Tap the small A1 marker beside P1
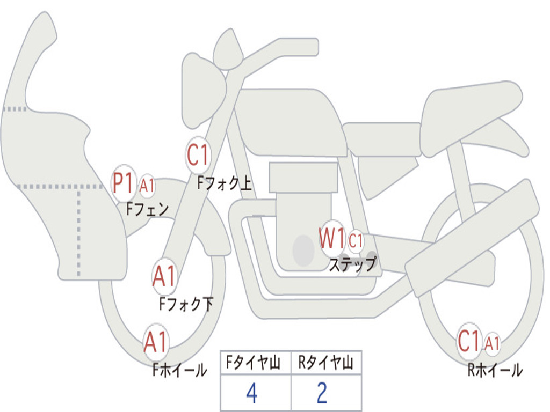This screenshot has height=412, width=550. point(147,186)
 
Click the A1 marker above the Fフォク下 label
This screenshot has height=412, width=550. point(164,277)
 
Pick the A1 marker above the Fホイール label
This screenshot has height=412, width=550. point(156,342)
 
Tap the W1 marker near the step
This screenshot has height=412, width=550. point(332,238)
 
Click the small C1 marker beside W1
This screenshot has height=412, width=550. point(356,241)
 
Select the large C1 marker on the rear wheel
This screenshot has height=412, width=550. point(469,341)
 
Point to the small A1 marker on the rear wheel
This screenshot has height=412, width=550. point(492,343)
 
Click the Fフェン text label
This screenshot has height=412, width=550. point(147,209)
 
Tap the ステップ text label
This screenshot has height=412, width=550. point(352,264)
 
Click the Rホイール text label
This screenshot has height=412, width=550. point(495,370)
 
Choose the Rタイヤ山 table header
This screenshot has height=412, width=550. point(325,364)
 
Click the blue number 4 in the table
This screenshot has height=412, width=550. point(251,393)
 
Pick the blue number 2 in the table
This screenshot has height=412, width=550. point(322,393)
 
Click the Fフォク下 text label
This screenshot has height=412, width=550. point(186,304)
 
